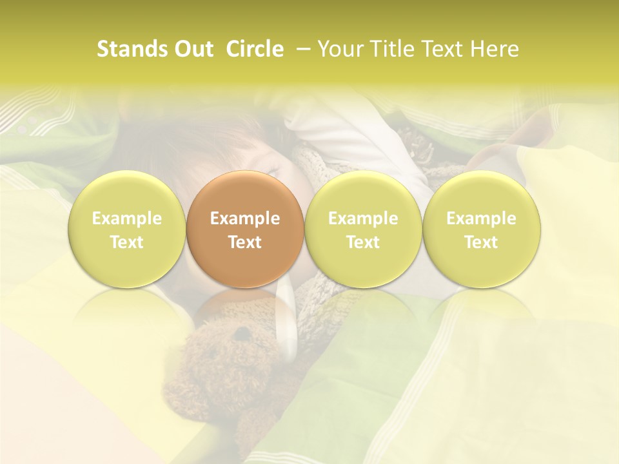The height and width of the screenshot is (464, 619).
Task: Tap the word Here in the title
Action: point(493,50)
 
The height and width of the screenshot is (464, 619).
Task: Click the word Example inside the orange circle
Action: point(245,218)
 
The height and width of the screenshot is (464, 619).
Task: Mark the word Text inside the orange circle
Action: point(245,242)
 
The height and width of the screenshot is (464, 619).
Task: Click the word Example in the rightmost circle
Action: point(481,218)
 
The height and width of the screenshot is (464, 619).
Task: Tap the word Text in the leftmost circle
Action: point(127,242)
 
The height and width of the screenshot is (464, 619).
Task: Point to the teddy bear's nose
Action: point(241,336)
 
